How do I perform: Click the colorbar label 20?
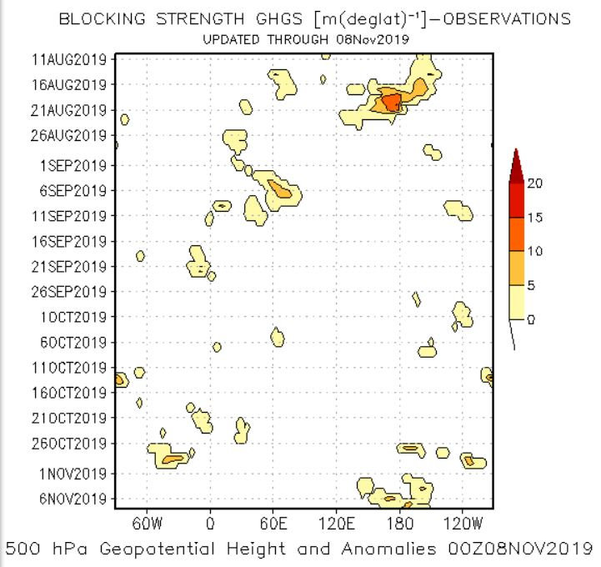534,183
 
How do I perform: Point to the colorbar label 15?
534,218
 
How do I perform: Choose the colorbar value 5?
531,285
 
